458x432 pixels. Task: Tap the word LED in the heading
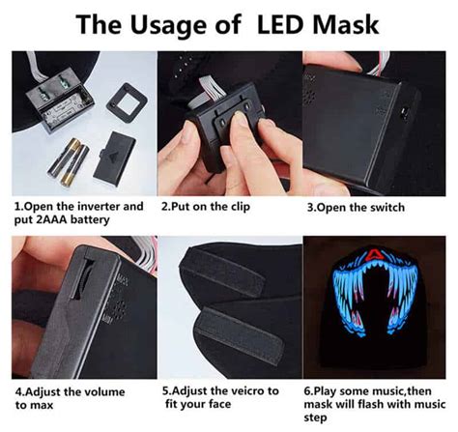(290, 22)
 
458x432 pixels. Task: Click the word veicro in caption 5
(243, 391)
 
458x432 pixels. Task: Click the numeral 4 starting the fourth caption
(17, 392)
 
